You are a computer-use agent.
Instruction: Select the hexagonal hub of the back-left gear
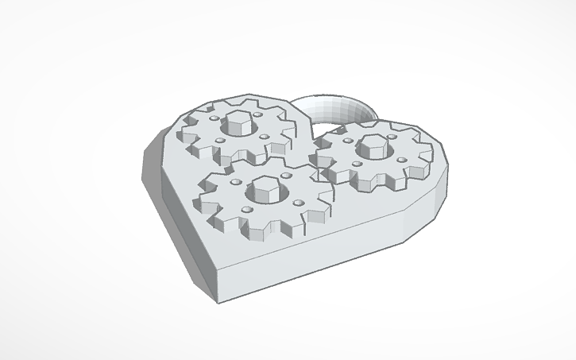pyautogui.click(x=238, y=122)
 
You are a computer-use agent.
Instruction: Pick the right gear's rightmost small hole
pyautogui.click(x=402, y=160)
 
